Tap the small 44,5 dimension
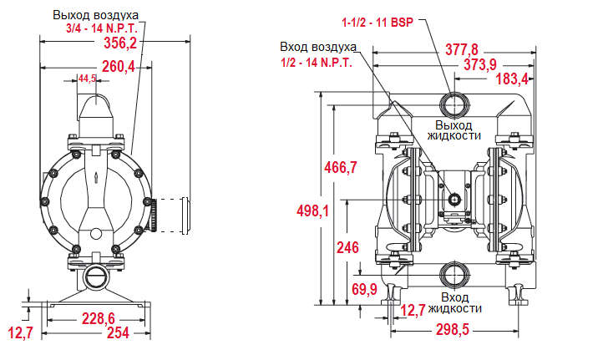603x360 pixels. pos(87,79)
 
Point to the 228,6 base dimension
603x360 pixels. pos(98,318)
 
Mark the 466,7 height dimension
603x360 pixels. pos(340,167)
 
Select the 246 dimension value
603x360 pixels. pos(347,247)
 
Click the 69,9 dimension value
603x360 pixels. pos(363,289)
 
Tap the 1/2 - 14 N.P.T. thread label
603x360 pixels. pos(317,62)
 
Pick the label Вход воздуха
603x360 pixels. pos(318,48)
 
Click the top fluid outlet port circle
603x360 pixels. pos(456,104)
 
